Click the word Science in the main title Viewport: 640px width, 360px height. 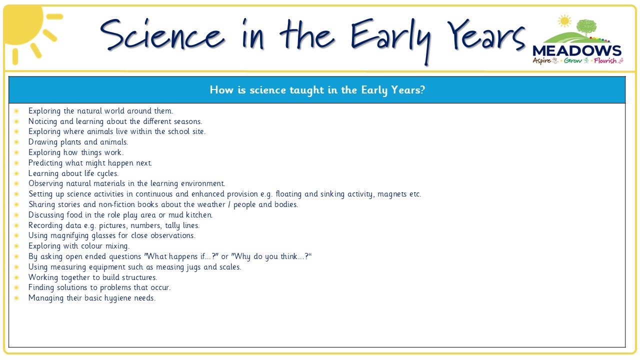pos(162,34)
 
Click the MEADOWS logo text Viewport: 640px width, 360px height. pos(577,51)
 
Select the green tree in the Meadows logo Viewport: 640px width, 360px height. pos(586,27)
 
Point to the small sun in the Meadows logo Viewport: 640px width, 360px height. pos(564,21)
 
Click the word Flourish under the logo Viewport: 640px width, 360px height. pos(605,60)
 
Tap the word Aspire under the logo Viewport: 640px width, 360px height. pos(541,61)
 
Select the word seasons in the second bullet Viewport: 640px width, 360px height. pos(187,121)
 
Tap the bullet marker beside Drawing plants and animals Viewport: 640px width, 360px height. pos(16,142)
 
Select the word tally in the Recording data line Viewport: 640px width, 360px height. pos(172,225)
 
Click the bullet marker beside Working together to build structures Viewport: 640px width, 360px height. pos(16,277)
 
